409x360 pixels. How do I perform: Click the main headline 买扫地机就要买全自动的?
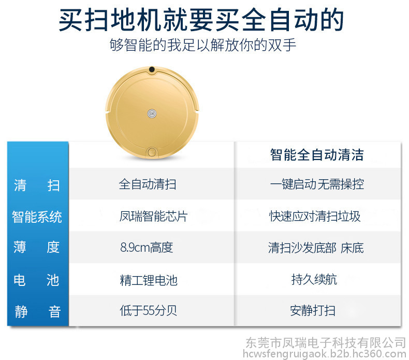pyautogui.click(x=201, y=20)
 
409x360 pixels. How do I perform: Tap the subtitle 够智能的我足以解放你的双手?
pyautogui.click(x=202, y=45)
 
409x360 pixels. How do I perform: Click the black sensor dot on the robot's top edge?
pyautogui.click(x=152, y=69)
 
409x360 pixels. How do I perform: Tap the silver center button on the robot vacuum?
pyautogui.click(x=152, y=114)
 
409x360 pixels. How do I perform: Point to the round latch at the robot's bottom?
pyautogui.click(x=152, y=152)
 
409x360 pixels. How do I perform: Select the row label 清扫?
pyautogui.click(x=37, y=185)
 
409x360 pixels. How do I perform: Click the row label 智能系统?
pyautogui.click(x=37, y=217)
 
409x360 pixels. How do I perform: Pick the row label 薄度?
pyautogui.click(x=37, y=247)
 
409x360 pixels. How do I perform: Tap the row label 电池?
pyautogui.click(x=37, y=280)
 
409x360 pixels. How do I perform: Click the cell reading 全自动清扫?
pyautogui.click(x=148, y=184)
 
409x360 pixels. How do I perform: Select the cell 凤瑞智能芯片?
pyautogui.click(x=153, y=217)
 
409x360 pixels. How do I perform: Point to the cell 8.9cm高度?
pyautogui.click(x=147, y=248)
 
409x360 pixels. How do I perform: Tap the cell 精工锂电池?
pyautogui.click(x=149, y=280)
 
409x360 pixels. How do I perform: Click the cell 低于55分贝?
pyautogui.click(x=148, y=311)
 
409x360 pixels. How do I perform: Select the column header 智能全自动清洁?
pyautogui.click(x=317, y=154)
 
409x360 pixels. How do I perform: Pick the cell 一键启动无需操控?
pyautogui.click(x=317, y=184)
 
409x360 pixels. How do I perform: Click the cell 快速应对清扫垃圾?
pyautogui.click(x=315, y=217)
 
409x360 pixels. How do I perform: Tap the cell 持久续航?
pyautogui.click(x=314, y=280)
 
